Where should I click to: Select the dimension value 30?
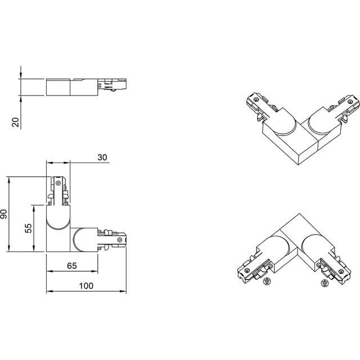102,157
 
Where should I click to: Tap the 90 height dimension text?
4,214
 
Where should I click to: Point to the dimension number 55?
29,227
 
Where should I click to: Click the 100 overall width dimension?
85,286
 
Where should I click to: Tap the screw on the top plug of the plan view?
58,183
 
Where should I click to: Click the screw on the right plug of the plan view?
119,240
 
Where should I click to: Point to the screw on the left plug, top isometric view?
257,99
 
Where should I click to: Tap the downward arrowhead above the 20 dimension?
20,76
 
